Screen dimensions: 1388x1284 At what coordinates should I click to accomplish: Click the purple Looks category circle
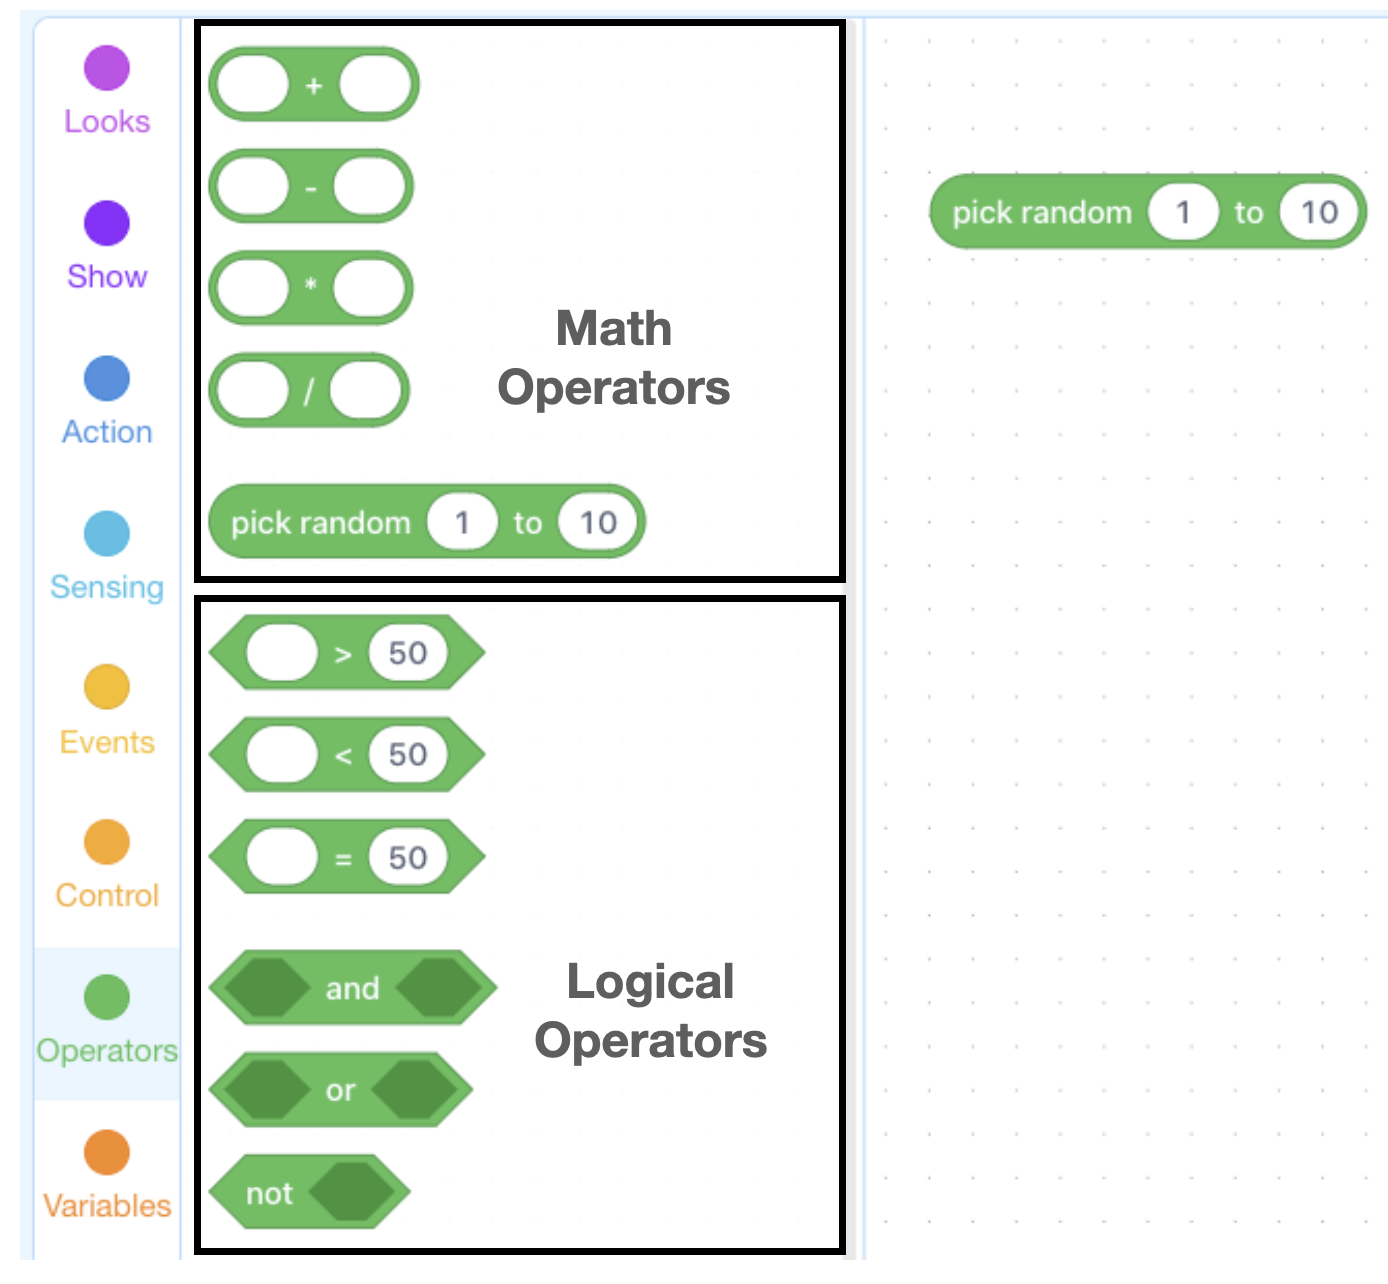106,68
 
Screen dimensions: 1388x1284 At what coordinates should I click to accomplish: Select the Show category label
107,276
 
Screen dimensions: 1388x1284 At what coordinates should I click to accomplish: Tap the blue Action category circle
106,378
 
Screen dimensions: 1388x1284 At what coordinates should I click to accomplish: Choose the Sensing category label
107,587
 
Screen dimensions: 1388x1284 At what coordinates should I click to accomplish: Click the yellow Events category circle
106,686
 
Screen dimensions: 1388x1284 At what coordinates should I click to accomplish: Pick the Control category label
107,895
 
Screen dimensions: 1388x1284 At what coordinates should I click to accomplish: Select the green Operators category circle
106,997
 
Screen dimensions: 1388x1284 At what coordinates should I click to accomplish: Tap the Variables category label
107,1206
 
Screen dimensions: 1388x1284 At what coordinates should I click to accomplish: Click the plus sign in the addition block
314,85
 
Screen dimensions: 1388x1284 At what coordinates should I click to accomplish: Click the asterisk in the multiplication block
311,284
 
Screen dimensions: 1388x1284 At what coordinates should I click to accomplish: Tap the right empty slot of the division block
366,389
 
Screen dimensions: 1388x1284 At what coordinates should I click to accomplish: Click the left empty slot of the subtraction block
252,187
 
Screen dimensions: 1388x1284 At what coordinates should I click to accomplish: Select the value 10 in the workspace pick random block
1319,212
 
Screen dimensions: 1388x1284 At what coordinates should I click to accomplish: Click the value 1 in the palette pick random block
462,522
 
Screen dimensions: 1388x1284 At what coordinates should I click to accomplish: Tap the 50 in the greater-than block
407,653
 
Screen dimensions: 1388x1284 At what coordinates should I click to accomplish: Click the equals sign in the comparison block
343,859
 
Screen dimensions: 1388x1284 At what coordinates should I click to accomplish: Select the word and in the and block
352,988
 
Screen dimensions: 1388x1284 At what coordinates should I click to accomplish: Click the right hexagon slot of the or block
414,1089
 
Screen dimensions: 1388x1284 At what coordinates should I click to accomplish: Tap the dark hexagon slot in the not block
352,1192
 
